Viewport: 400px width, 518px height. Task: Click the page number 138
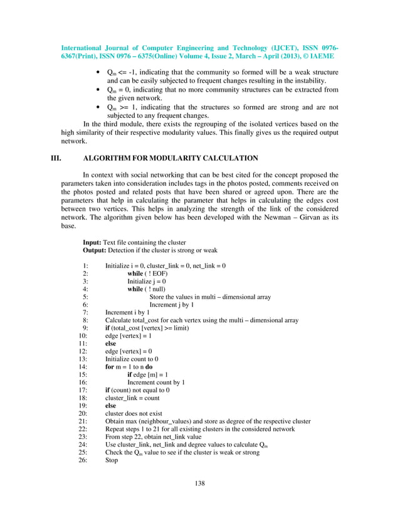[x=200, y=483]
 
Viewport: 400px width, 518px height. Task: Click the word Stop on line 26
[x=112, y=460]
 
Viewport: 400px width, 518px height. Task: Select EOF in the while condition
[x=157, y=273]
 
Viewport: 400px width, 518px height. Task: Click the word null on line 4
[x=157, y=289]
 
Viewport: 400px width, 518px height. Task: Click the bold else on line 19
[x=110, y=405]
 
